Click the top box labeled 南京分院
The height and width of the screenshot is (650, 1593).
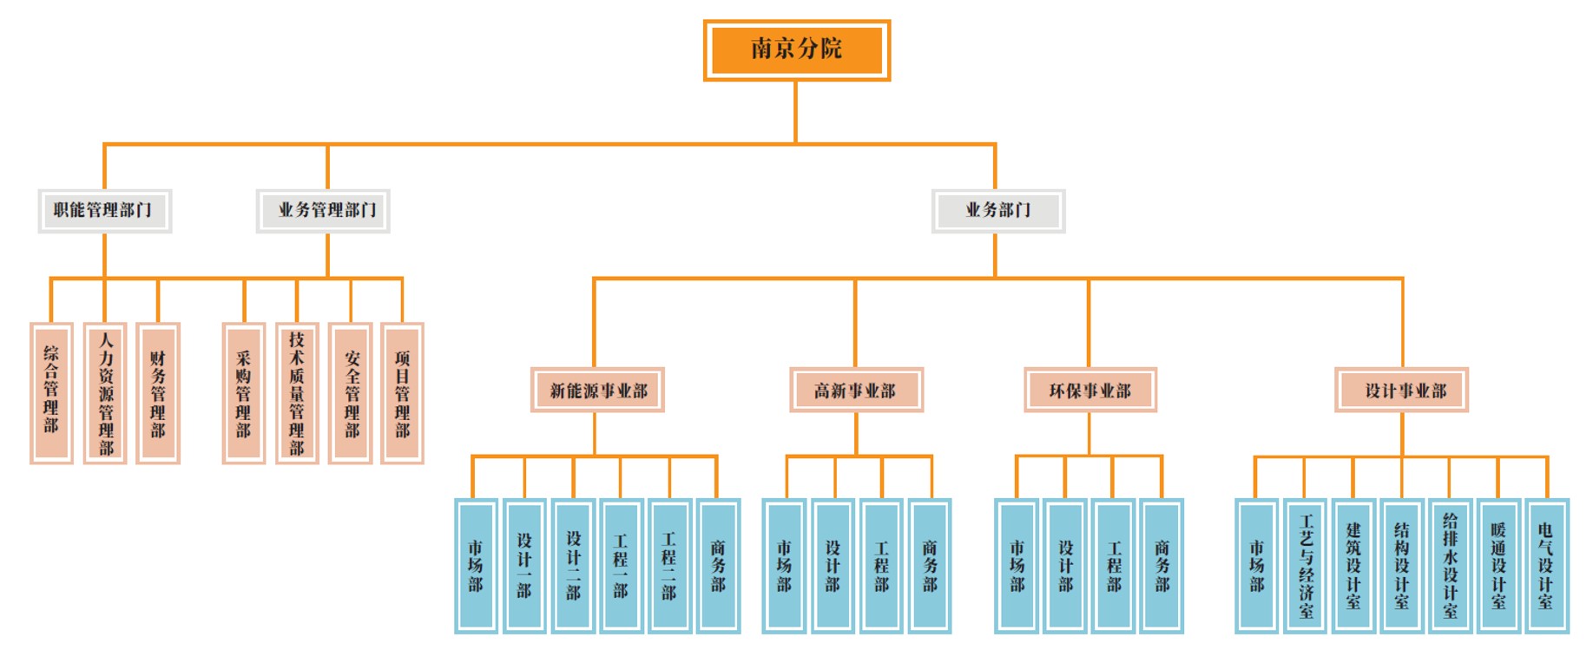(x=796, y=50)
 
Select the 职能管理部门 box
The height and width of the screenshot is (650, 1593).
(x=104, y=211)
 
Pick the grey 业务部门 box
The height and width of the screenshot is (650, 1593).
(x=997, y=211)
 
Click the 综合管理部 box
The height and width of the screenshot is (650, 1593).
(x=51, y=393)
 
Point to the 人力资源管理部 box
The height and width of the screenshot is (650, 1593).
(x=105, y=393)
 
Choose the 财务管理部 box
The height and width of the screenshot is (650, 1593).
(x=158, y=393)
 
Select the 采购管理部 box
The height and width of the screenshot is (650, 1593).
(x=243, y=393)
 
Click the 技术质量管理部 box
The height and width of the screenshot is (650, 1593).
(x=297, y=393)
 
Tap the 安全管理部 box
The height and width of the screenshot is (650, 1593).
(x=351, y=393)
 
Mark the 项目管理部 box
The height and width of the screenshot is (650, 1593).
(x=402, y=393)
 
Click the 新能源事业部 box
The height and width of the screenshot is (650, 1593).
(x=597, y=390)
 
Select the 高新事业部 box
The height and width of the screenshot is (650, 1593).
(x=855, y=390)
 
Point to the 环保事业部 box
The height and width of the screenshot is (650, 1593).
(x=1089, y=390)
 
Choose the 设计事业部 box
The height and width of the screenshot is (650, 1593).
(x=1401, y=390)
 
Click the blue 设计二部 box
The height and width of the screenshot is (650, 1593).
(x=573, y=565)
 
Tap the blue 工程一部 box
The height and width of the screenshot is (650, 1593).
(x=621, y=565)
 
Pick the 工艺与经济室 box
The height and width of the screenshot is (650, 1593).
(x=1306, y=565)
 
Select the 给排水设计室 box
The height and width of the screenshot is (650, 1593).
(x=1450, y=565)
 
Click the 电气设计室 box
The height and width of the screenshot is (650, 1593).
(x=1545, y=565)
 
